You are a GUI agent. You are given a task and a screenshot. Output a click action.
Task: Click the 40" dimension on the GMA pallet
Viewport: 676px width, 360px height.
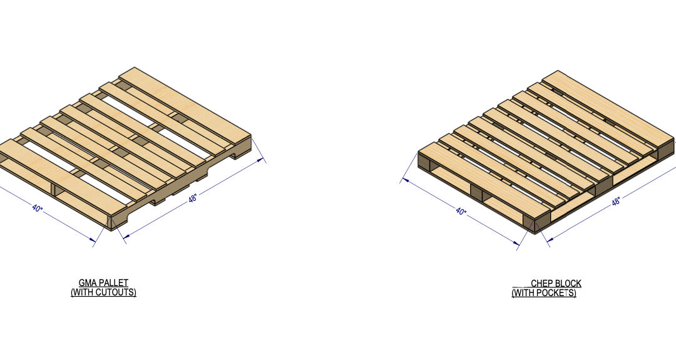38,207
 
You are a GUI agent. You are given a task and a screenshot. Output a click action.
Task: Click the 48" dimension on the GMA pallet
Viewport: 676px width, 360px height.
193,198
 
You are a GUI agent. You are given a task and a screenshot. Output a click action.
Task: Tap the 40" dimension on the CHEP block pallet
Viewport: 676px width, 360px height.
461,212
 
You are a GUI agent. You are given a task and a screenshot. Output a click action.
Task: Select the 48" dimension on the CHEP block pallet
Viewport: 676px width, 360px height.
616,202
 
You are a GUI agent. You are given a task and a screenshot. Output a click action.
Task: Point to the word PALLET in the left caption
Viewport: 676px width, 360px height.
115,283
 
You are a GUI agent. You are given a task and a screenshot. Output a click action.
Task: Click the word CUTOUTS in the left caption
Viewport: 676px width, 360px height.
116,292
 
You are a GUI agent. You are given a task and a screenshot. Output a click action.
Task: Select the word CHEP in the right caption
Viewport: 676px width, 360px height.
542,284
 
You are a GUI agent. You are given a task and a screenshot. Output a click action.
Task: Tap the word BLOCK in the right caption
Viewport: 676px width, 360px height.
568,284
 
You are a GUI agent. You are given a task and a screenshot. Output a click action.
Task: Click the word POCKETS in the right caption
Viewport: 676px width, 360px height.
556,292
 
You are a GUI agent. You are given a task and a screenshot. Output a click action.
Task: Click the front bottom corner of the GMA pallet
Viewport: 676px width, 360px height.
111,229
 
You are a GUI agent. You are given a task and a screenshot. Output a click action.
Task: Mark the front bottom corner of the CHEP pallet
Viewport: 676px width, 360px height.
535,232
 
